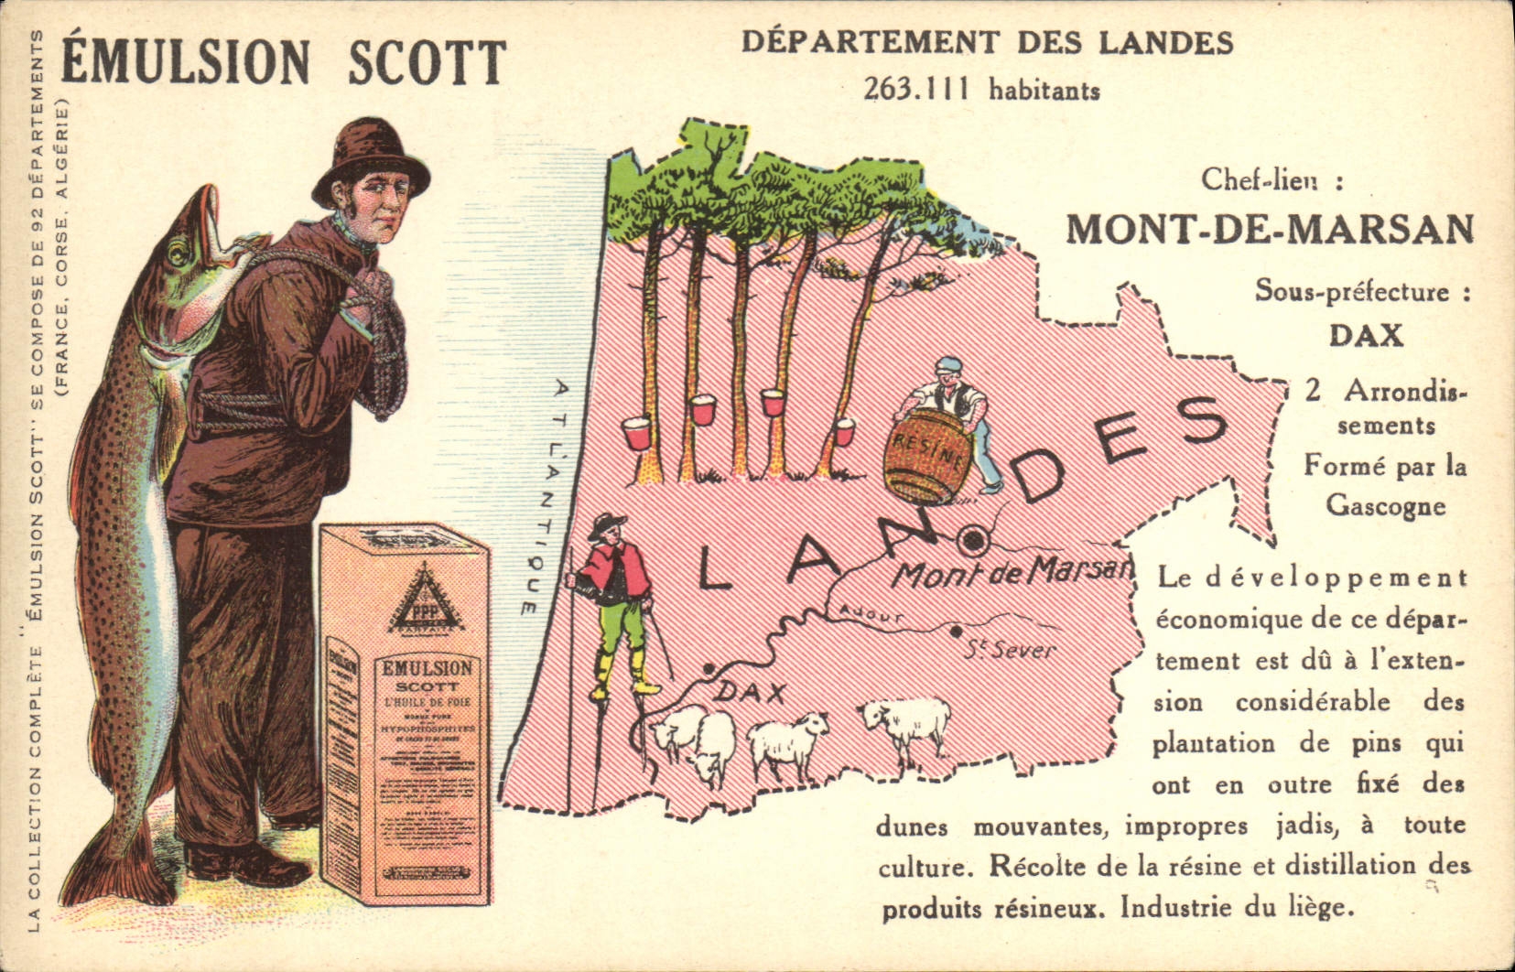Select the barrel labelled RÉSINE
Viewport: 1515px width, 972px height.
[x=926, y=455]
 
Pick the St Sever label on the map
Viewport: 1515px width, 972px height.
[x=1009, y=651]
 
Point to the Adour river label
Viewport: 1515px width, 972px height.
[x=871, y=615]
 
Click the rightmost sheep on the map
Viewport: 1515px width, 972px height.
[x=905, y=722]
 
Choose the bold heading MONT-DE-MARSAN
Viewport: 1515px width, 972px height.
[x=1270, y=229]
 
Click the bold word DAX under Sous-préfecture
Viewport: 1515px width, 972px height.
[x=1366, y=335]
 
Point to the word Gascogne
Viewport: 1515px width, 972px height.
[x=1385, y=505]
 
